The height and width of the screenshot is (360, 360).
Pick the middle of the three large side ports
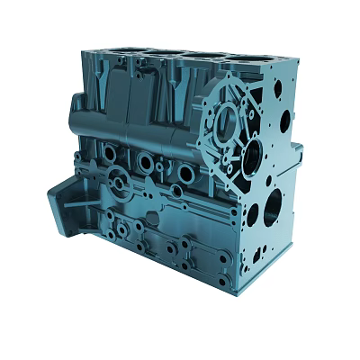(145, 162)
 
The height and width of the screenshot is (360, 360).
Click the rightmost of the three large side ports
(184, 173)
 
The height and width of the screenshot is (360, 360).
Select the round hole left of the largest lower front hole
(253, 214)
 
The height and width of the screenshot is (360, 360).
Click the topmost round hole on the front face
(277, 89)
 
